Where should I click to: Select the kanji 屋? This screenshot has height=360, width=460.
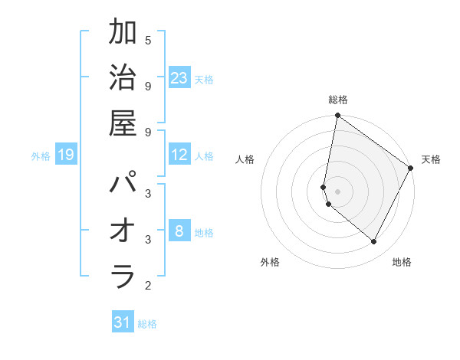click(123, 125)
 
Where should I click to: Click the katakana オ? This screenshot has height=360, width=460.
click(123, 231)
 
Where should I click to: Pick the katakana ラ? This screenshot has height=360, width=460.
click(123, 277)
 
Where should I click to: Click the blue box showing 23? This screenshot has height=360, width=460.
click(179, 78)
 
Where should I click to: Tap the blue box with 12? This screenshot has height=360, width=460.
click(179, 155)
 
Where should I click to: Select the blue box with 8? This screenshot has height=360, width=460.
click(179, 231)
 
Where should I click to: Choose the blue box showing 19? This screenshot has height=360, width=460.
click(66, 155)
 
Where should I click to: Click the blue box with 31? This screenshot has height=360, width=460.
click(123, 322)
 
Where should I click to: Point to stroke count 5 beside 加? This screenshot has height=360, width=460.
click(148, 40)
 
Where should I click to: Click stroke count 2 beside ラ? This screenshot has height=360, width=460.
click(148, 286)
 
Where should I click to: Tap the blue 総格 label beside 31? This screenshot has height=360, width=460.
click(147, 324)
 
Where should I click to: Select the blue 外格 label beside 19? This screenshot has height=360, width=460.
click(41, 156)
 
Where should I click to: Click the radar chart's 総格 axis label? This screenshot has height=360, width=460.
click(337, 100)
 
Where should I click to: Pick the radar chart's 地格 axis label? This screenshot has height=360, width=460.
click(402, 262)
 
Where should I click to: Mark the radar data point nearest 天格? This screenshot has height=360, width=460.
click(411, 169)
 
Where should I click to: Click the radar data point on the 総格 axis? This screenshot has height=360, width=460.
click(337, 116)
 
